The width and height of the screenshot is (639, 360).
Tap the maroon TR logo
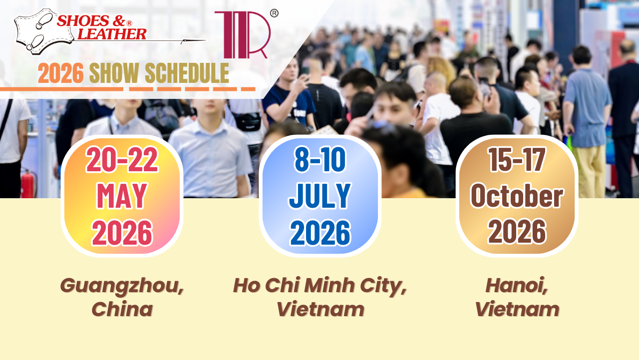click(x=242, y=34)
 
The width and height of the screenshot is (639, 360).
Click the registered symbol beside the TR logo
click(x=274, y=13)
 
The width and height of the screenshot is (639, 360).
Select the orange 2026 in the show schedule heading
click(x=60, y=74)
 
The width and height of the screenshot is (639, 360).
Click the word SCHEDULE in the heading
click(x=187, y=74)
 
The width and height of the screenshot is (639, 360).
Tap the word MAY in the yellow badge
click(x=122, y=196)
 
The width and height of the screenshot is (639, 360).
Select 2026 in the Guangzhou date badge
click(x=122, y=232)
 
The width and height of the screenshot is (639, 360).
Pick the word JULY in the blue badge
click(x=319, y=196)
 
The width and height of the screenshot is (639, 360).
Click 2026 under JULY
click(x=319, y=232)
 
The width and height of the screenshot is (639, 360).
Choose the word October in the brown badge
click(x=517, y=196)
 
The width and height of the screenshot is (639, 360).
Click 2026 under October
click(x=517, y=232)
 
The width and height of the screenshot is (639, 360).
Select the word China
click(x=122, y=310)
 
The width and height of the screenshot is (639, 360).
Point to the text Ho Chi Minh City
click(x=319, y=285)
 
